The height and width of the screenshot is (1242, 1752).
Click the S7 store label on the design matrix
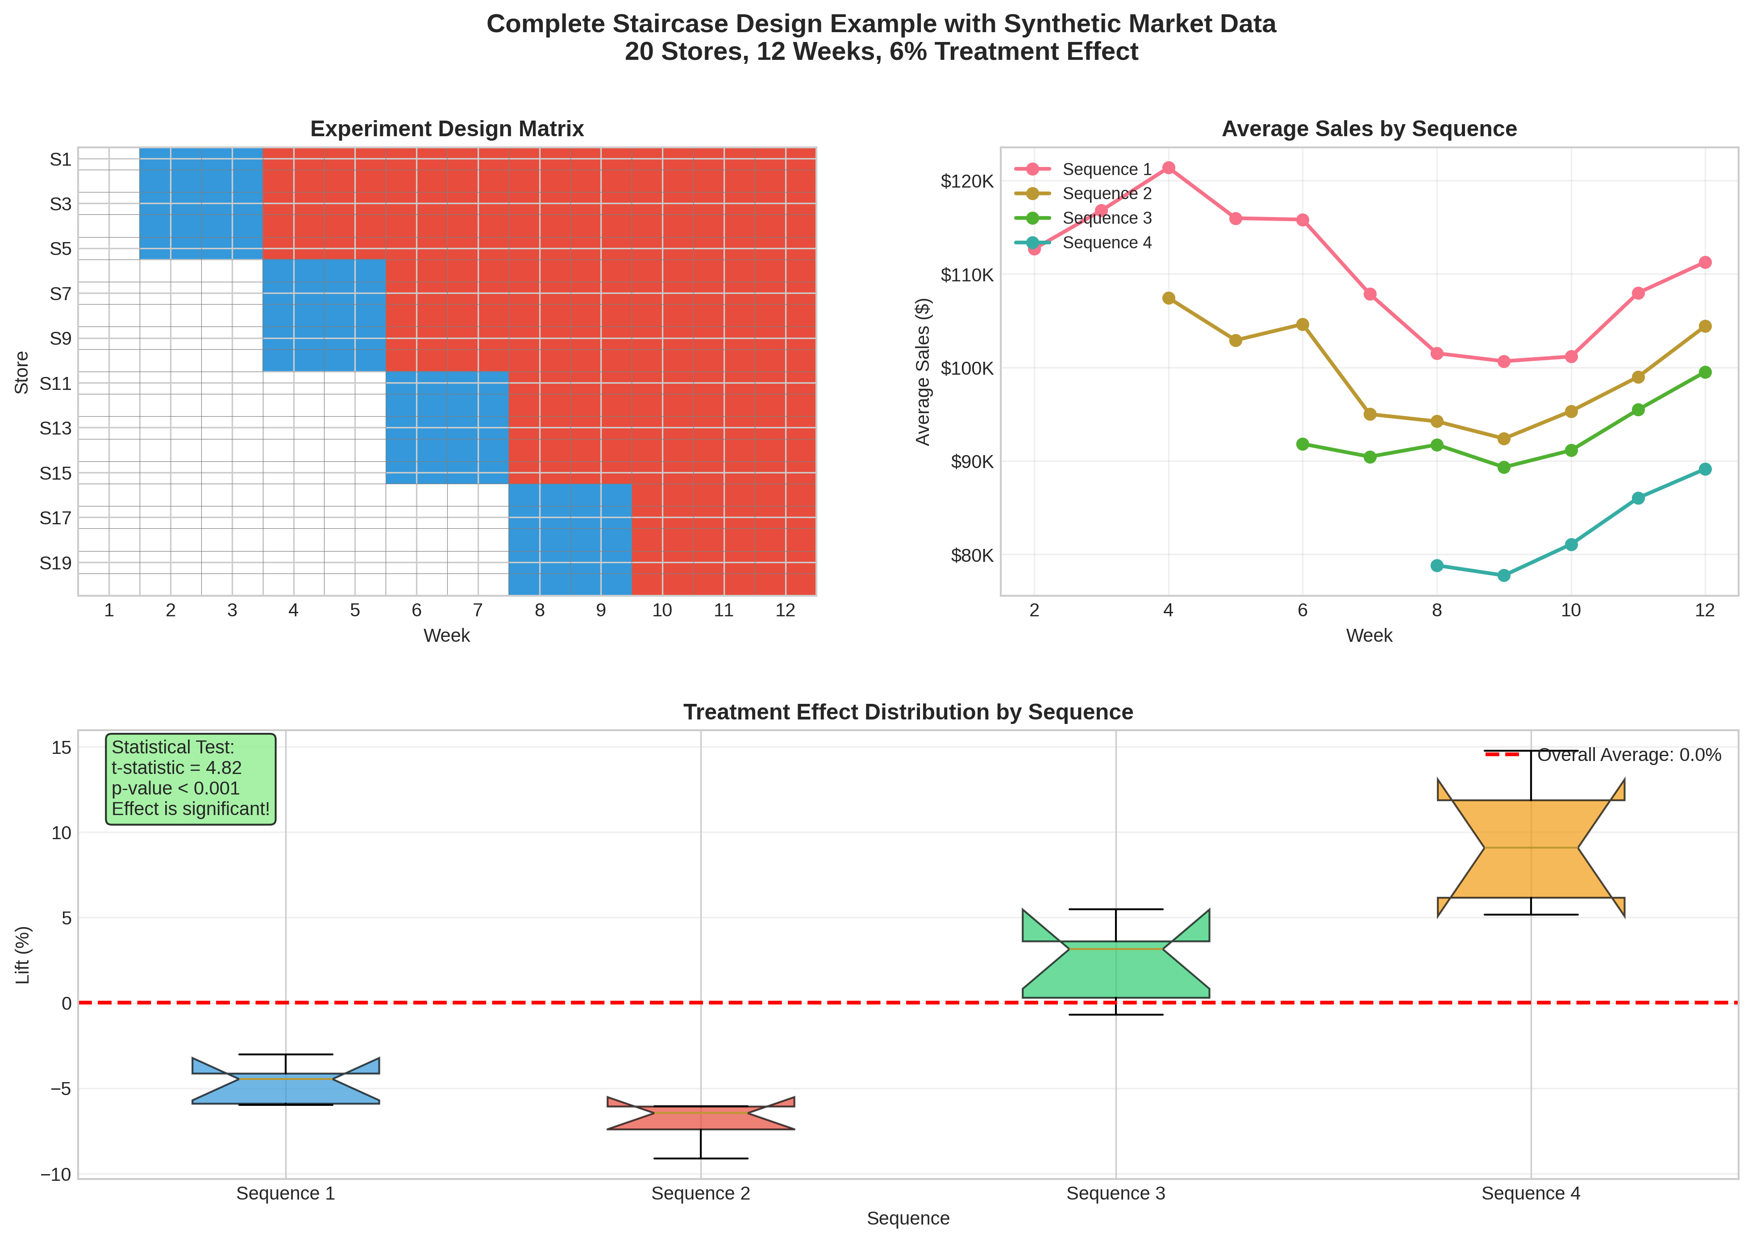click(x=60, y=294)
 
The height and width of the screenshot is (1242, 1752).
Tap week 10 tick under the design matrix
click(x=662, y=611)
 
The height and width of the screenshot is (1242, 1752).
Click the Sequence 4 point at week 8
click(x=1436, y=566)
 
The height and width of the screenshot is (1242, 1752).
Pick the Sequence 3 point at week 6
click(x=1303, y=444)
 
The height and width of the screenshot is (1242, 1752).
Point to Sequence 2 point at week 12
click(x=1705, y=326)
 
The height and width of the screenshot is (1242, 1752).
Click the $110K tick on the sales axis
click(x=966, y=275)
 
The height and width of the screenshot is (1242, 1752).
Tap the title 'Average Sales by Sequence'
click(x=1368, y=129)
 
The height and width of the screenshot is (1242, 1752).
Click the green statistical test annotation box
click(x=190, y=778)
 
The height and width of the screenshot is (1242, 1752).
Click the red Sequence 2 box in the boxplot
click(x=700, y=1117)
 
